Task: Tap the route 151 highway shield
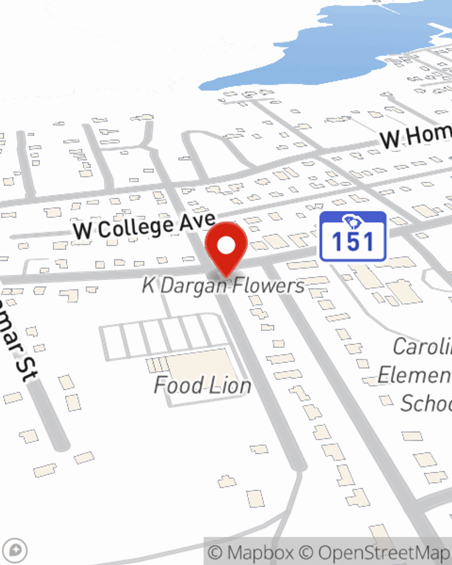(353, 236)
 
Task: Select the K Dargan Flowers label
(223, 286)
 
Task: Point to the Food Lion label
(202, 386)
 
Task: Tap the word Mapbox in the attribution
(260, 552)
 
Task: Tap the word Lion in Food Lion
(229, 386)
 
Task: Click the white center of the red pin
(226, 245)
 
